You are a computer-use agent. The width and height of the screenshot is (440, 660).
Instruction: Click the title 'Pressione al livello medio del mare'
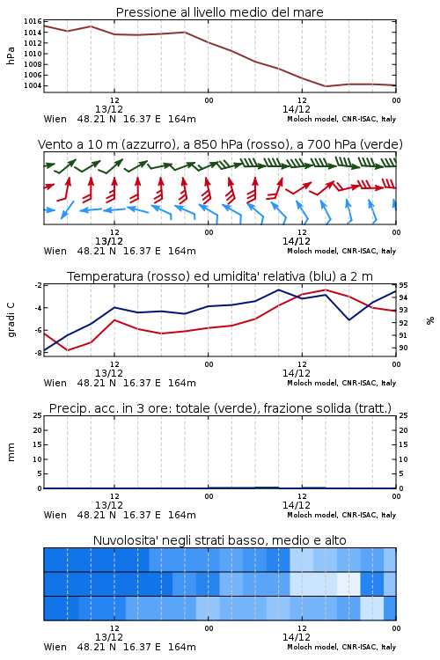(x=219, y=12)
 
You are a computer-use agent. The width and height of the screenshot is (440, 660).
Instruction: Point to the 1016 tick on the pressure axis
(x=33, y=21)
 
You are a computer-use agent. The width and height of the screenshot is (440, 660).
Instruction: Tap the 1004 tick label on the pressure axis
(x=33, y=85)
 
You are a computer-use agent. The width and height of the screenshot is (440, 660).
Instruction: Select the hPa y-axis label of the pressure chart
(x=11, y=55)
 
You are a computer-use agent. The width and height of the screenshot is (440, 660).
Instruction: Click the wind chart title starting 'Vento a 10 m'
(x=220, y=144)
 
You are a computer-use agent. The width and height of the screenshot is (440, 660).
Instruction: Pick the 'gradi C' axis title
(x=11, y=320)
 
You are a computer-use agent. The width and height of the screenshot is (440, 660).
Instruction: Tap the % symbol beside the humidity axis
(x=430, y=320)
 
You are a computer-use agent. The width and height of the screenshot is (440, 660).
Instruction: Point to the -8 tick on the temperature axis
(x=38, y=353)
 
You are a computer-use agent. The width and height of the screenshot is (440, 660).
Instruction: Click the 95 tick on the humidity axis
(x=403, y=285)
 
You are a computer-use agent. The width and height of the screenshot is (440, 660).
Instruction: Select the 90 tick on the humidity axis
(x=403, y=348)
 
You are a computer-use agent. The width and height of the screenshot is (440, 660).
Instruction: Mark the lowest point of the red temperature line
(x=68, y=350)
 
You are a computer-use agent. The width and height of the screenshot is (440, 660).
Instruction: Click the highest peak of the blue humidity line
(x=278, y=290)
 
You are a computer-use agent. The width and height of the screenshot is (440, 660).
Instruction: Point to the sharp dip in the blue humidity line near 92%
(x=349, y=320)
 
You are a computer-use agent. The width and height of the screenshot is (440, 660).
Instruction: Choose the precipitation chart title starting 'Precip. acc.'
(x=220, y=408)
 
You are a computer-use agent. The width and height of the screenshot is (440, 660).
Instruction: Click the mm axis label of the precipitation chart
(x=11, y=452)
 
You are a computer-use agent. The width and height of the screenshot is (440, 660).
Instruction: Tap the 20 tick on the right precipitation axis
(x=403, y=430)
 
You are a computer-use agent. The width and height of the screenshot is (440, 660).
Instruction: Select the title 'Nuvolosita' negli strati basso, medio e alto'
(x=219, y=540)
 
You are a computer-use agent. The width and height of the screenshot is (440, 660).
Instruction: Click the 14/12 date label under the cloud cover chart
(x=296, y=637)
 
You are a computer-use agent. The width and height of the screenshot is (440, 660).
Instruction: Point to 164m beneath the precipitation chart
(x=182, y=515)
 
